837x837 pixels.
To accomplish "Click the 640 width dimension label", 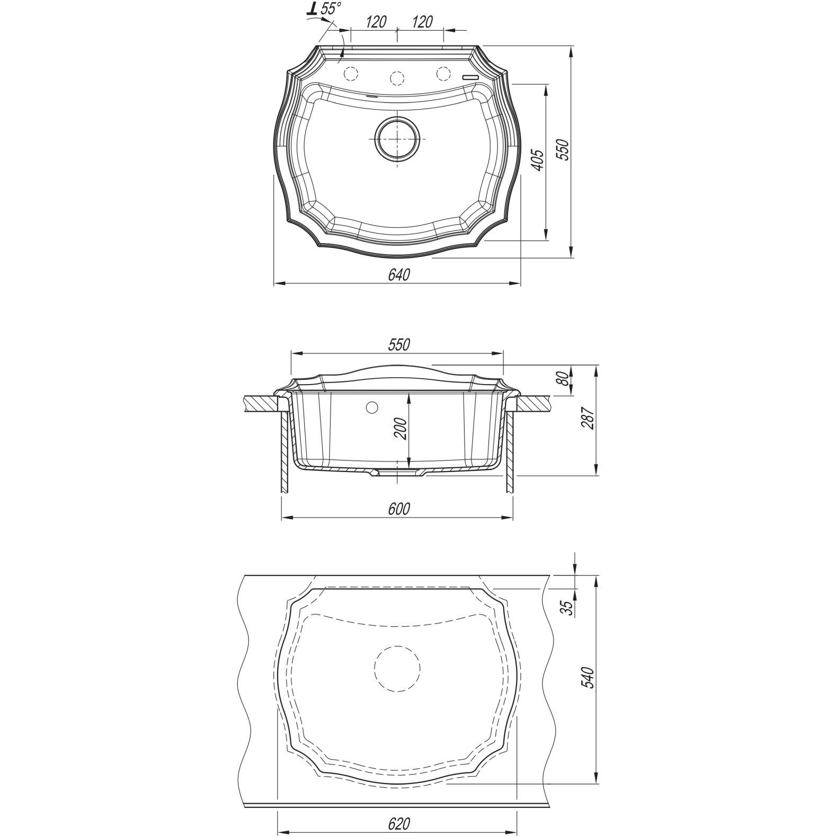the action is (399, 275).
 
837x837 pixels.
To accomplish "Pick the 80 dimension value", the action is (564, 379).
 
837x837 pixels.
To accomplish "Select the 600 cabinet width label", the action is (399, 509).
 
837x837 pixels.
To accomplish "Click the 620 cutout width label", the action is (399, 824).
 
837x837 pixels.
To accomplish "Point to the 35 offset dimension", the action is (567, 607).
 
